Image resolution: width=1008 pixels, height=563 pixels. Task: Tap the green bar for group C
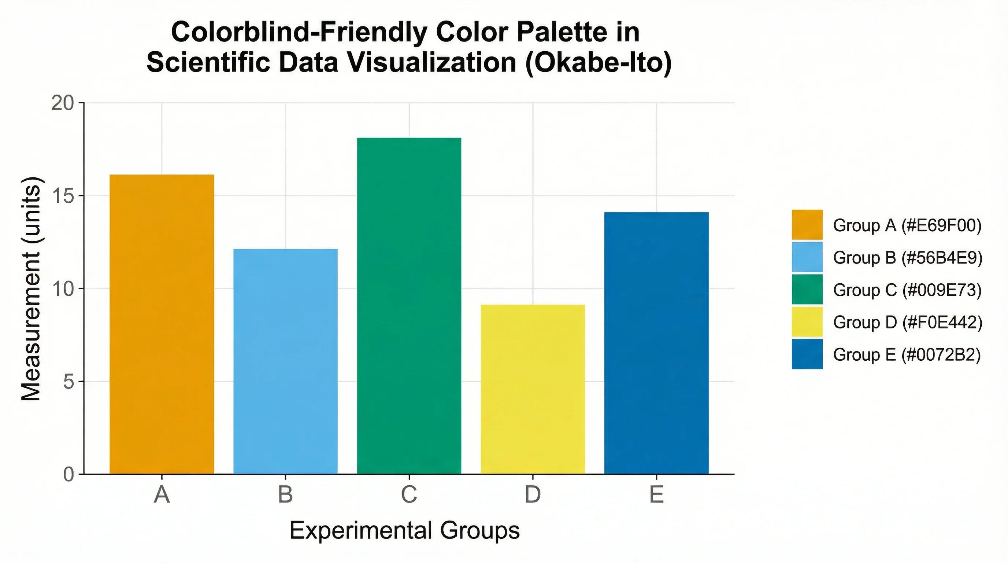(x=409, y=306)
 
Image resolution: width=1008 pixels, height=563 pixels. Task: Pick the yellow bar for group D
(x=533, y=389)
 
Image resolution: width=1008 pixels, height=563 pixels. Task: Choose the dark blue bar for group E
(x=656, y=343)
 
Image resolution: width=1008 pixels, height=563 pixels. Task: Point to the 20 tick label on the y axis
(x=63, y=103)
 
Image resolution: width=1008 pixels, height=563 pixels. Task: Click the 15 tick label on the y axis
(x=63, y=196)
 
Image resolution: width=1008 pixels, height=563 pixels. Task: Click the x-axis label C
(x=409, y=494)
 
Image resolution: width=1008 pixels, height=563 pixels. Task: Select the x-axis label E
(x=656, y=494)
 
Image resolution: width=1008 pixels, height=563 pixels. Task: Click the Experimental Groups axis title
(x=405, y=530)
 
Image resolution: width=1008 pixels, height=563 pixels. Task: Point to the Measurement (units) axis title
(x=31, y=289)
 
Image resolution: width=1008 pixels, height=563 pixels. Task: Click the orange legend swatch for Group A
(x=807, y=225)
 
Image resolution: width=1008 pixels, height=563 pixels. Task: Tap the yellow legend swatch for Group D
(x=807, y=322)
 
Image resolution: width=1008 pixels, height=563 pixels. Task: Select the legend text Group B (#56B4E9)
(x=907, y=258)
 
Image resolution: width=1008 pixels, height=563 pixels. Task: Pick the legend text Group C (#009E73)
(x=907, y=290)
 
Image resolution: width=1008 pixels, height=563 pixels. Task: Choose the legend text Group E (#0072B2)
(x=907, y=355)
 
